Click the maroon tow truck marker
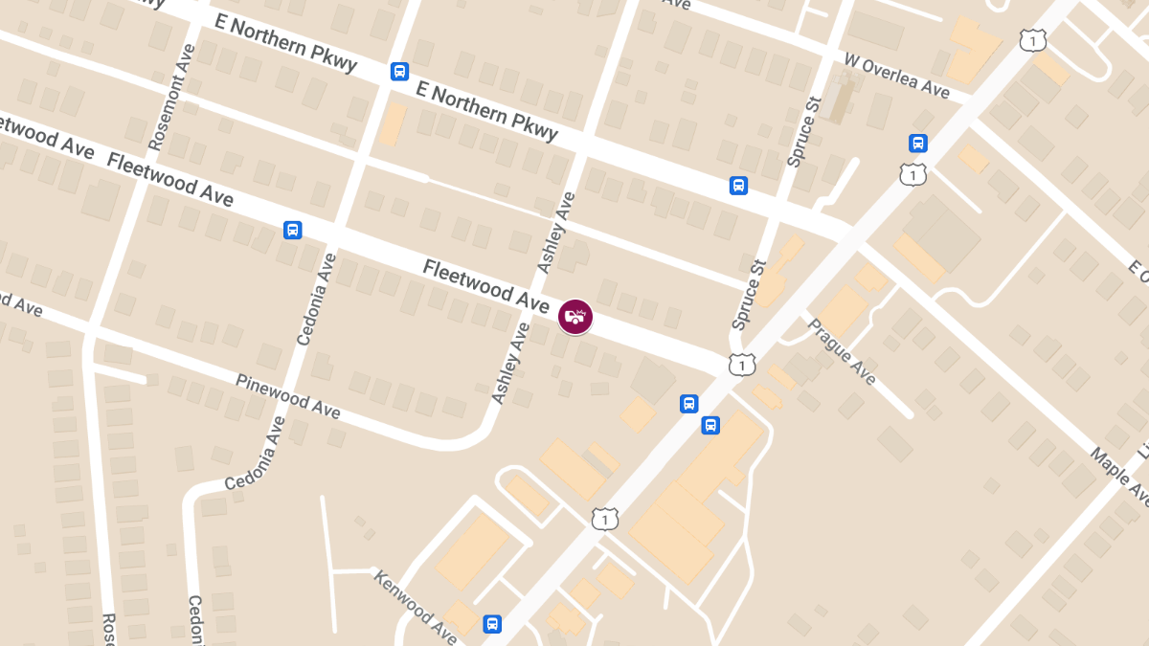575,317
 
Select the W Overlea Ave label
896,74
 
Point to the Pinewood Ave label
287,394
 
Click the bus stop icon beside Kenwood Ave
492,624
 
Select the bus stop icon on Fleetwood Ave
293,230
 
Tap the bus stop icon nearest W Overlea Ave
918,144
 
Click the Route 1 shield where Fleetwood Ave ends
742,365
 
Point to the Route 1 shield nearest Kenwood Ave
604,519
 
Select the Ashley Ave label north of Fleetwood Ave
556,233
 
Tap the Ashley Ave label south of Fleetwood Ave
510,362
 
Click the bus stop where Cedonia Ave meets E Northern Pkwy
399,72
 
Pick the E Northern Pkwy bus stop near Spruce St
738,185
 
